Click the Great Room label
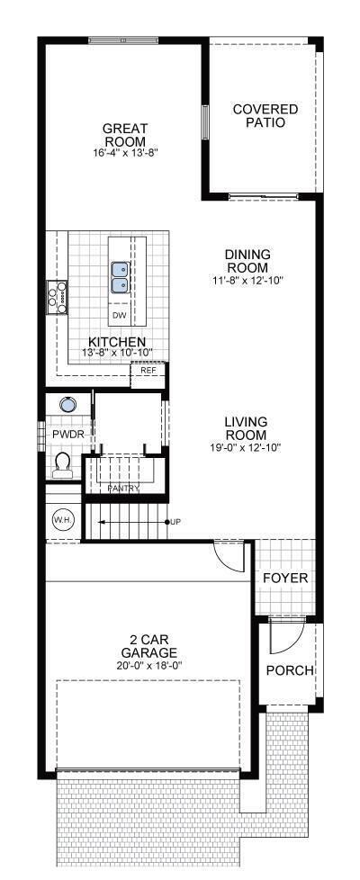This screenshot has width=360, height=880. pyautogui.click(x=124, y=135)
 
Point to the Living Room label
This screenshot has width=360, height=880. pyautogui.click(x=246, y=427)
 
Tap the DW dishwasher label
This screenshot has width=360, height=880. pyautogui.click(x=119, y=316)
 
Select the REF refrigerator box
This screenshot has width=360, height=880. pyautogui.click(x=148, y=375)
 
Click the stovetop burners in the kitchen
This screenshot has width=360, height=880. pyautogui.click(x=57, y=297)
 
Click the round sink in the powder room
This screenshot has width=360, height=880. pyautogui.click(x=67, y=403)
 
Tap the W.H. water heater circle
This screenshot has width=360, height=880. pyautogui.click(x=62, y=520)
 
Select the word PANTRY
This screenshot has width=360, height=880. pyautogui.click(x=123, y=489)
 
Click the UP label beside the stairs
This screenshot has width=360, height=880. pyautogui.click(x=175, y=522)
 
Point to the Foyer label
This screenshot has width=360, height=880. pyautogui.click(x=286, y=579)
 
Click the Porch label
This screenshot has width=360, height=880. pyautogui.click(x=290, y=670)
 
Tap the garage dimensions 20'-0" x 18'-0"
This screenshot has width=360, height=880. pyautogui.click(x=148, y=664)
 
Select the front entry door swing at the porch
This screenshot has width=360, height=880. pyautogui.click(x=285, y=637)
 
